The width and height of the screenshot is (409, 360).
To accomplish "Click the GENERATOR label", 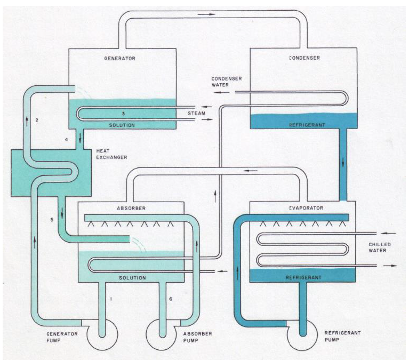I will (x=121, y=58).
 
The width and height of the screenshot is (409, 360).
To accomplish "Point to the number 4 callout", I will (x=66, y=140).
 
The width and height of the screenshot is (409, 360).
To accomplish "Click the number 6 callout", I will (x=170, y=299).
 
